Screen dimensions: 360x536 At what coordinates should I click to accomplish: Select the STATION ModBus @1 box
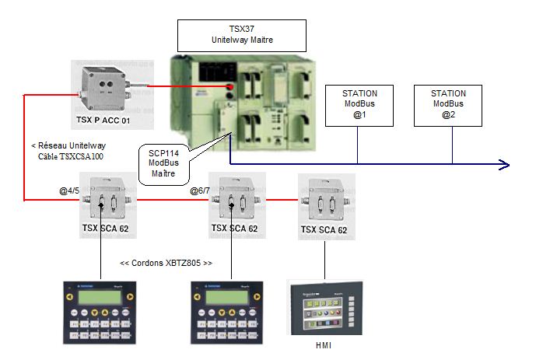coord(360,105)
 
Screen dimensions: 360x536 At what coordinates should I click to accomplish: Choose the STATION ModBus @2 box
coord(448,105)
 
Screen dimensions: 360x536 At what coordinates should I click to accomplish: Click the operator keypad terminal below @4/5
coord(102,310)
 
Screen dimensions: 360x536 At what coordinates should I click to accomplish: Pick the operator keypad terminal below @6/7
coord(231,310)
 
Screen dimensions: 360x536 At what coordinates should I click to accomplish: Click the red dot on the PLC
coord(230,86)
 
